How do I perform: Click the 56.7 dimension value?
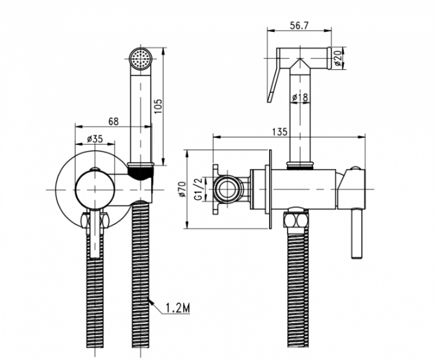pyautogui.click(x=299, y=26)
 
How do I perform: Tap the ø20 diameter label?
pyautogui.click(x=338, y=58)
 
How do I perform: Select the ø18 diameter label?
pyautogui.click(x=300, y=97)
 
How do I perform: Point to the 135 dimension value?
pyautogui.click(x=279, y=132)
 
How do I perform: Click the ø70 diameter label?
pyautogui.click(x=182, y=189)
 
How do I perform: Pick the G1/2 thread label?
pyautogui.click(x=199, y=189)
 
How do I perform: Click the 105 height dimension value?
pyautogui.click(x=158, y=107)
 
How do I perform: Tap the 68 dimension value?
pyautogui.click(x=113, y=122)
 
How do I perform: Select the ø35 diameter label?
pyautogui.click(x=95, y=138)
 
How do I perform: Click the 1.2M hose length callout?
pyautogui.click(x=178, y=308)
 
